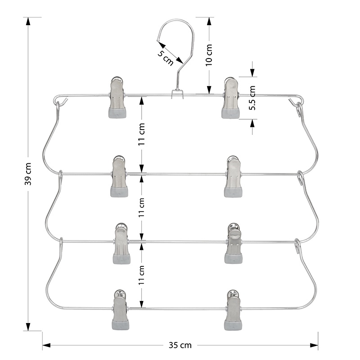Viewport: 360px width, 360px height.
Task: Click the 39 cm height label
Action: [28, 174]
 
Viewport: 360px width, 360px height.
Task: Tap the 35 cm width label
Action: [180, 345]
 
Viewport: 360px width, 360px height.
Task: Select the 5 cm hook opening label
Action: [165, 58]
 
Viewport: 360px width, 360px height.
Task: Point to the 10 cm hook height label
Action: [209, 55]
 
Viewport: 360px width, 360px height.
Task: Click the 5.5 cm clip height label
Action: [252, 98]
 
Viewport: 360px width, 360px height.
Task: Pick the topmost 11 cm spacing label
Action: [141, 134]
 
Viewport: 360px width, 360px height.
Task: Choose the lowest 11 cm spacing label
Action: [141, 275]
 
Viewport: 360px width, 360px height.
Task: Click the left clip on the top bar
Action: [117, 97]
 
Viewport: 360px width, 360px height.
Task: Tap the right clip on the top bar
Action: [230, 98]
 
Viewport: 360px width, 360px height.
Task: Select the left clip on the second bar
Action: [119, 176]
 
